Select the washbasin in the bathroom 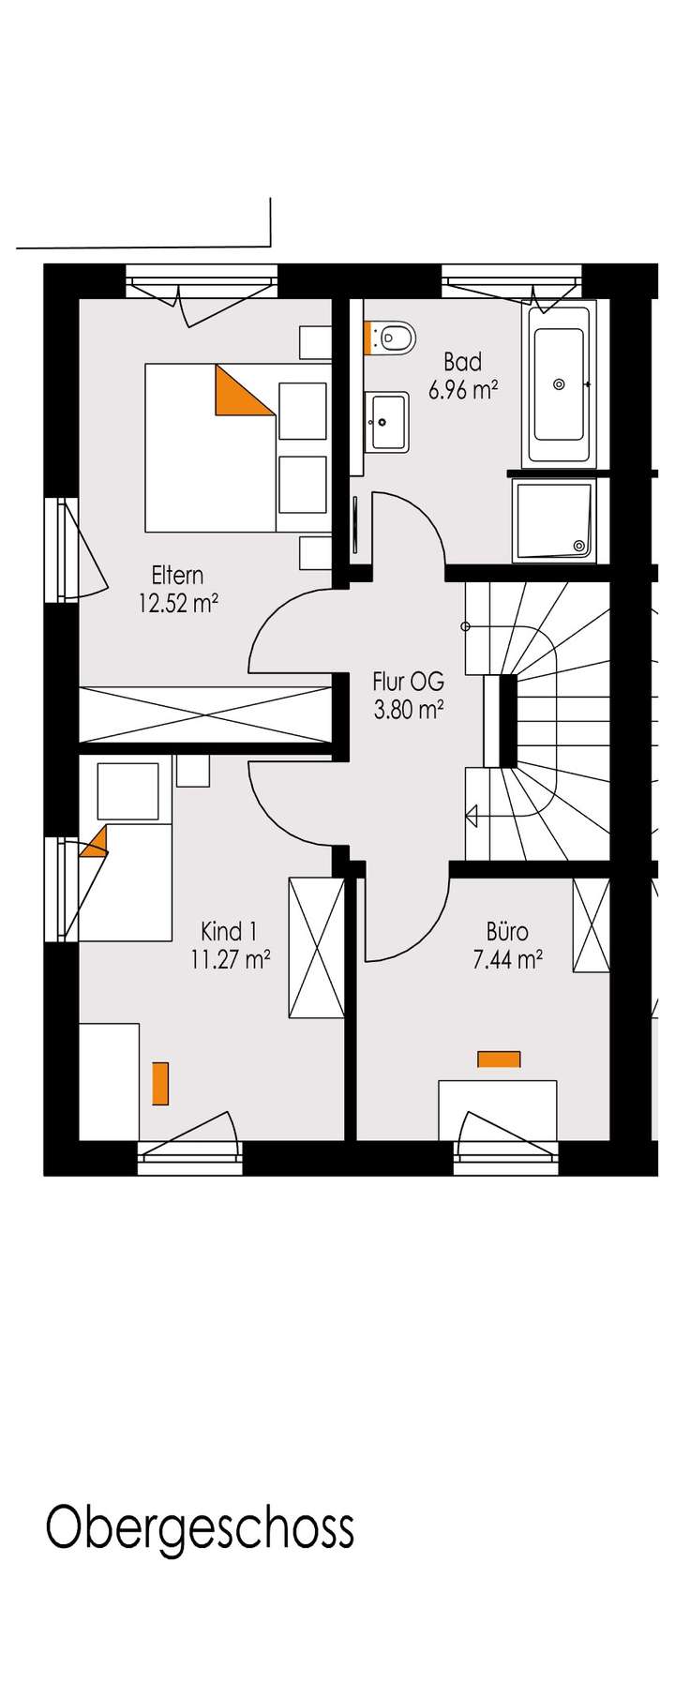tap(388, 422)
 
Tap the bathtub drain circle tap(560, 383)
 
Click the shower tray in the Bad tap(554, 520)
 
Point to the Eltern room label tap(177, 575)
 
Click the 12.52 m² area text tap(178, 603)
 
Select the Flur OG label tap(408, 682)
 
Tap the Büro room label tap(507, 931)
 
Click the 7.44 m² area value tap(508, 959)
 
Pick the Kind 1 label tap(229, 931)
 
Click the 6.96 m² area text tap(462, 390)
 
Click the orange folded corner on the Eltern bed tap(238, 394)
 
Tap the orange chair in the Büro tap(499, 1059)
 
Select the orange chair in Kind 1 tap(160, 1082)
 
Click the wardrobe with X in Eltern tap(206, 714)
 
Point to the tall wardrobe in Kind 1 tap(317, 947)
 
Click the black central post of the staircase tap(508, 720)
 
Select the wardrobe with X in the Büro tap(591, 924)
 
